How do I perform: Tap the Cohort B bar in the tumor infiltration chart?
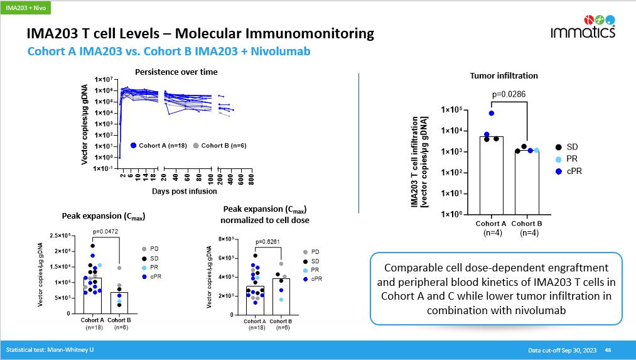(527, 182)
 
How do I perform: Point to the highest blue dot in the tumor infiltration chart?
(491, 113)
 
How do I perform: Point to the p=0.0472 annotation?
(105, 231)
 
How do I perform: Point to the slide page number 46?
(608, 350)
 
